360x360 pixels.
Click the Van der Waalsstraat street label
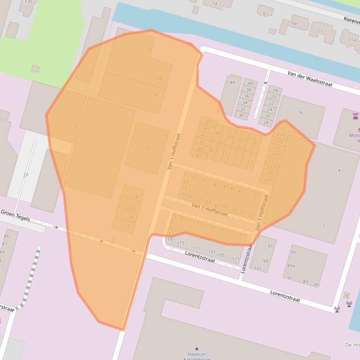click(309, 79)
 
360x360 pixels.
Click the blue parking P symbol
click(25, 176)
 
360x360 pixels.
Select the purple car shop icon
click(355, 116)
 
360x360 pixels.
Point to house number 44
click(232, 83)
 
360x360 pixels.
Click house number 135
click(29, 2)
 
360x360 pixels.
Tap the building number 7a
click(214, 3)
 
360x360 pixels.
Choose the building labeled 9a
click(294, 23)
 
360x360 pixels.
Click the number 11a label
click(352, 40)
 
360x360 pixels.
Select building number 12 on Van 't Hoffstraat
click(147, 147)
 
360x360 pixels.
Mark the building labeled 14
click(155, 95)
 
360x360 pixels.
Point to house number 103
click(229, 137)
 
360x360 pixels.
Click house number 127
click(268, 180)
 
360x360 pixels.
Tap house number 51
click(256, 196)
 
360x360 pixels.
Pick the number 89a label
click(291, 266)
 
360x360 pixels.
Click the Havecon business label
click(197, 354)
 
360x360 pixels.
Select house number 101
click(258, 268)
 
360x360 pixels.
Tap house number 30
click(241, 115)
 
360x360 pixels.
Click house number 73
click(250, 162)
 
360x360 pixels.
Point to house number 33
click(193, 177)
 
